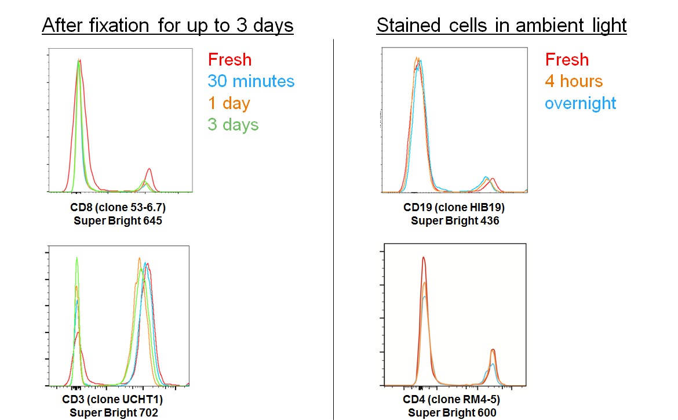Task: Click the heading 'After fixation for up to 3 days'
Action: coord(167,26)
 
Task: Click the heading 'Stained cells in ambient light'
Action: coord(501,26)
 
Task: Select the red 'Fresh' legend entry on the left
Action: coord(229,59)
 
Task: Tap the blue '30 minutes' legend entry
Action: coord(251,81)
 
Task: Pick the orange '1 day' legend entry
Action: coord(228,103)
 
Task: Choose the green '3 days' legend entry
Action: coord(233,125)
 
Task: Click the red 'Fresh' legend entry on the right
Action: coord(567,59)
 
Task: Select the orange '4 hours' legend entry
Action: coord(574,81)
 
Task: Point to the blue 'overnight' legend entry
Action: coord(581,103)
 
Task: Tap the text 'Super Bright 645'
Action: coord(118,221)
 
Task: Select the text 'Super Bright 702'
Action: coord(112,412)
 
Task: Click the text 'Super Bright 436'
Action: coord(454,221)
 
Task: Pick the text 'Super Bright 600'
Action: coord(452,412)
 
